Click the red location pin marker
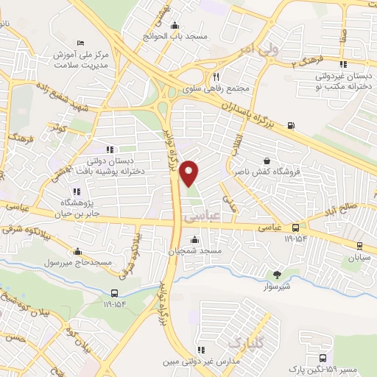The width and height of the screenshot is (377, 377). [190, 172]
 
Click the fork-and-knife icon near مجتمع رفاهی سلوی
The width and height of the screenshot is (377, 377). [216, 76]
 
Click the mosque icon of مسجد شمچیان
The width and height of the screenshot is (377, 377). [194, 240]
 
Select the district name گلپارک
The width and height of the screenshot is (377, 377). [244, 343]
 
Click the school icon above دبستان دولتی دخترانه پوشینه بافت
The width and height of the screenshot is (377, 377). [110, 150]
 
